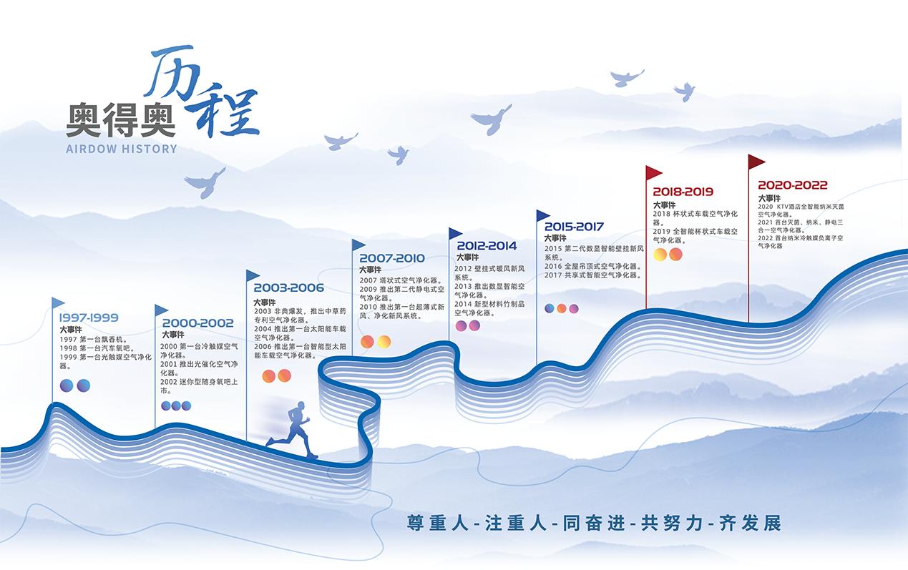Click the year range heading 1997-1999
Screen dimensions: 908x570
(x=89, y=318)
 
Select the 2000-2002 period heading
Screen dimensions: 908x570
(x=197, y=323)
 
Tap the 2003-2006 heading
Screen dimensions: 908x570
(x=288, y=288)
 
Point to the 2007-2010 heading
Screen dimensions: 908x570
(x=392, y=258)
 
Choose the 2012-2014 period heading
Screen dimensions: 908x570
(x=487, y=245)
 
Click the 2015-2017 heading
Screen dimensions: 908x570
(x=574, y=227)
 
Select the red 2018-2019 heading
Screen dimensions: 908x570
(x=683, y=192)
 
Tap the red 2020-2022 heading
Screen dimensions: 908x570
(x=793, y=185)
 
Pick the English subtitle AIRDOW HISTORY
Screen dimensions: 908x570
(x=122, y=149)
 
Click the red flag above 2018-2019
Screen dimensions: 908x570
(x=653, y=173)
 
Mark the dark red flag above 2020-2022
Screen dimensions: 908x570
(x=756, y=162)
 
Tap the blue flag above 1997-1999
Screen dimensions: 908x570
(x=58, y=303)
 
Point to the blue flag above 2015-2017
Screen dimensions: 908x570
(x=543, y=215)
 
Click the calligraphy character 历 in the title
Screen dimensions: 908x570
(x=172, y=73)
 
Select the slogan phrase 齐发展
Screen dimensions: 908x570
(x=751, y=523)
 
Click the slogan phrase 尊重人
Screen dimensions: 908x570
(x=438, y=523)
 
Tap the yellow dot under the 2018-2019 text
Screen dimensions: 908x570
(x=660, y=255)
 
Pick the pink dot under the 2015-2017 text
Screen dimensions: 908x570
(x=574, y=309)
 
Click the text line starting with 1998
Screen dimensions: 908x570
(x=97, y=348)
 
